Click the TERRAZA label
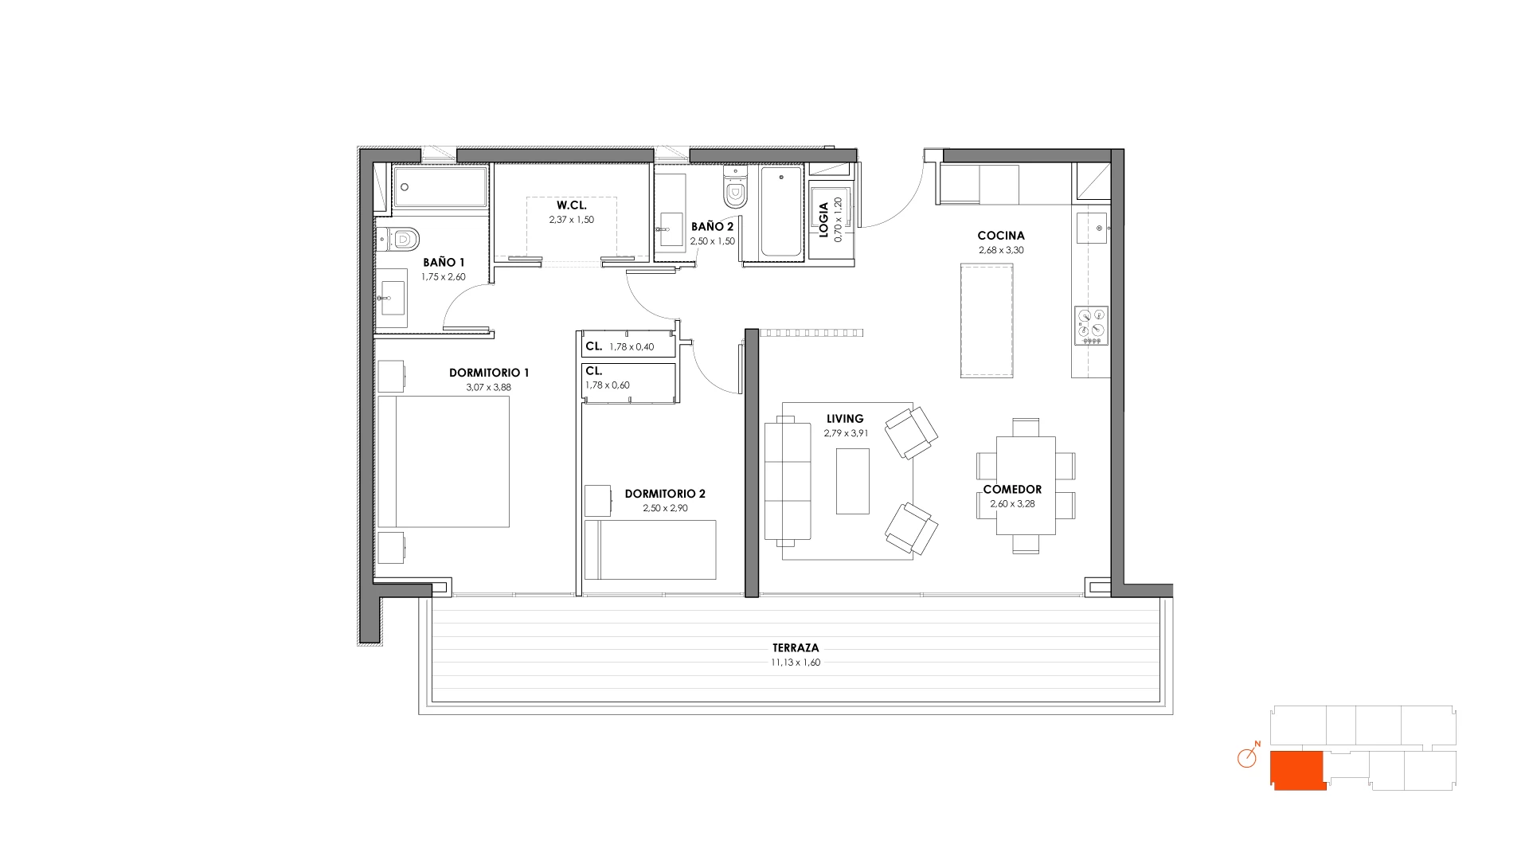(x=796, y=648)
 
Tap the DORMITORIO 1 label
(x=489, y=373)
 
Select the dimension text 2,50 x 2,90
(x=666, y=508)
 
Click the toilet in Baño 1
(x=398, y=238)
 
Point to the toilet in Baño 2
(x=735, y=187)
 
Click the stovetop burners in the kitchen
(x=1091, y=326)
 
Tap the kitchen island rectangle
(x=987, y=320)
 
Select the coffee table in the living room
(x=852, y=481)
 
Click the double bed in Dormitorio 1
(x=444, y=462)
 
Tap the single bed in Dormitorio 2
(x=650, y=549)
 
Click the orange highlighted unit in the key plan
(x=1297, y=770)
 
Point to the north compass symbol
(x=1248, y=756)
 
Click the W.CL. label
(x=572, y=205)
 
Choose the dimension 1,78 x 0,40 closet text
(x=632, y=347)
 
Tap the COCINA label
(x=1001, y=236)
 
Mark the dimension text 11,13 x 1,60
(x=796, y=663)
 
